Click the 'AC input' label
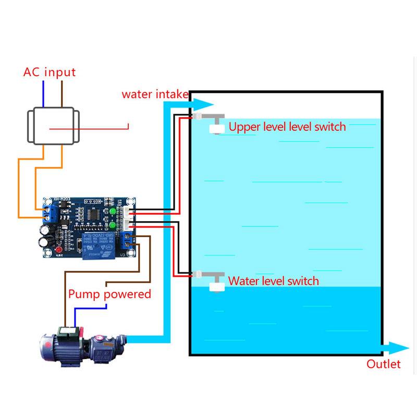(50, 72)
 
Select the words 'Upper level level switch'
(287, 127)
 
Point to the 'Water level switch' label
(274, 281)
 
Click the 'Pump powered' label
(110, 294)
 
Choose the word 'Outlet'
(384, 364)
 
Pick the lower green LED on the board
(113, 226)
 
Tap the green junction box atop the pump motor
(68, 331)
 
